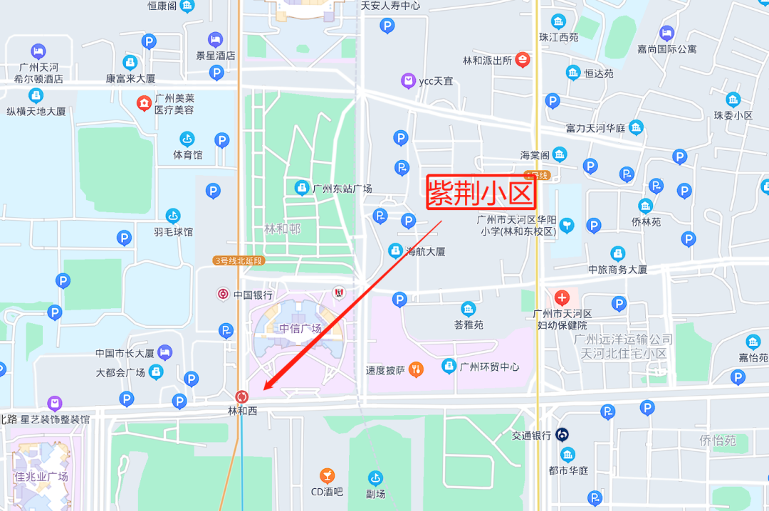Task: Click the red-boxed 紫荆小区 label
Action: click(481, 192)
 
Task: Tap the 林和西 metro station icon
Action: click(241, 396)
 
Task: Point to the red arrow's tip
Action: click(264, 389)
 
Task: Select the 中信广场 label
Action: click(300, 328)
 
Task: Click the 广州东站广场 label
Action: click(342, 189)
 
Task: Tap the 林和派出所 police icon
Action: click(523, 60)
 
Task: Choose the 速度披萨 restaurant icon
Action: click(417, 369)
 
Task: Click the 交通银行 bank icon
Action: click(562, 434)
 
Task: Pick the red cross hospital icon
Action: click(562, 297)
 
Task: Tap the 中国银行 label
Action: click(253, 295)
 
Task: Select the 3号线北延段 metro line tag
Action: click(238, 260)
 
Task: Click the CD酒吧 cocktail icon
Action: click(327, 475)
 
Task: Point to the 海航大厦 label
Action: click(425, 251)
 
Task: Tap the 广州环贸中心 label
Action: click(489, 367)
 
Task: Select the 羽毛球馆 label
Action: click(172, 231)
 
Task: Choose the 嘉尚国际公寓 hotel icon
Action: click(666, 33)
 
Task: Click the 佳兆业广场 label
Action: click(41, 476)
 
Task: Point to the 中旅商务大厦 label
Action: click(617, 270)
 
